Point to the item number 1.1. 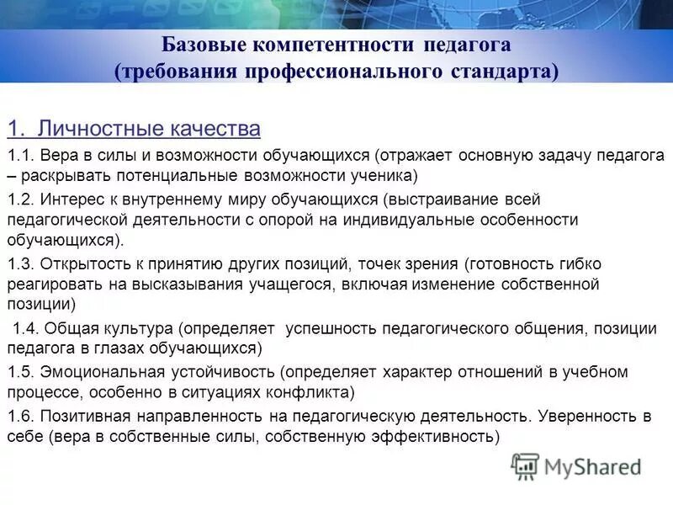[x=19, y=156]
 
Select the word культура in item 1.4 [x=140, y=328]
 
